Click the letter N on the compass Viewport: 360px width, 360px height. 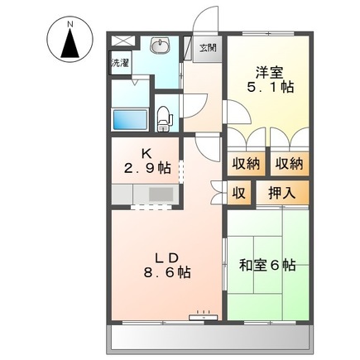coord(70,24)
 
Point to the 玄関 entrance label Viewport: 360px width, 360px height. coord(207,48)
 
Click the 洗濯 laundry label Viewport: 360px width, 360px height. coord(120,62)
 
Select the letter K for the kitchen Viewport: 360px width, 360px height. coord(145,152)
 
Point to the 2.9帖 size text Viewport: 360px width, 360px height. coord(149,168)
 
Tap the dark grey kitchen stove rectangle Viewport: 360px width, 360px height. coord(160,194)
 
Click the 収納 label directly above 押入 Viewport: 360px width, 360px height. coord(289,163)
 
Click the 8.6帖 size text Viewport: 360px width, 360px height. coord(166,272)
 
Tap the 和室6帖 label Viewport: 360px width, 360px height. coord(267,265)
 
